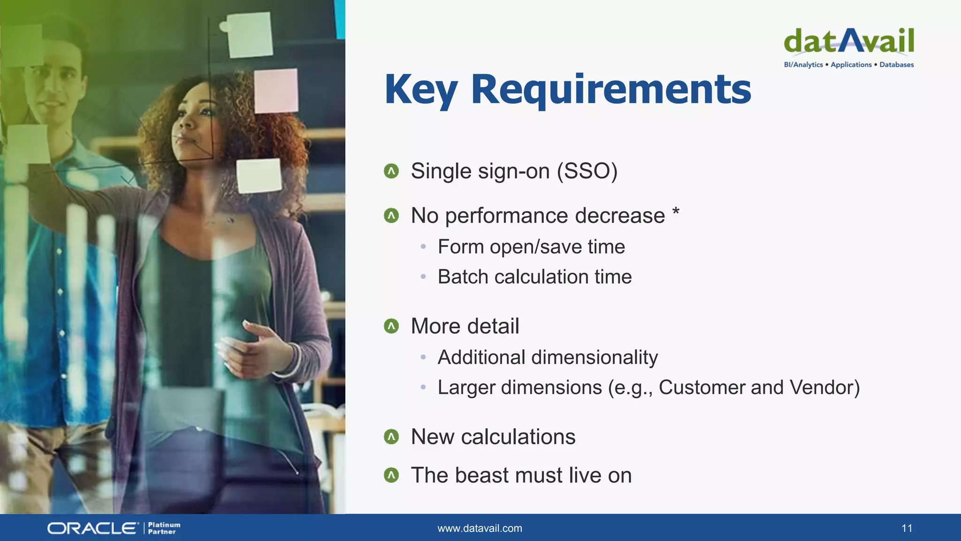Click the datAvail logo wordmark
(x=849, y=41)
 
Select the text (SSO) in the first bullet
(x=587, y=171)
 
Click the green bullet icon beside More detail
(x=391, y=326)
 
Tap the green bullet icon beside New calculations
(x=391, y=437)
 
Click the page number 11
(x=907, y=528)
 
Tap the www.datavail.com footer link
(x=480, y=528)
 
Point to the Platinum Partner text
(x=164, y=528)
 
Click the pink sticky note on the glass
(x=276, y=91)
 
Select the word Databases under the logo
(x=896, y=65)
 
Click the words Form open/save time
(x=531, y=247)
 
